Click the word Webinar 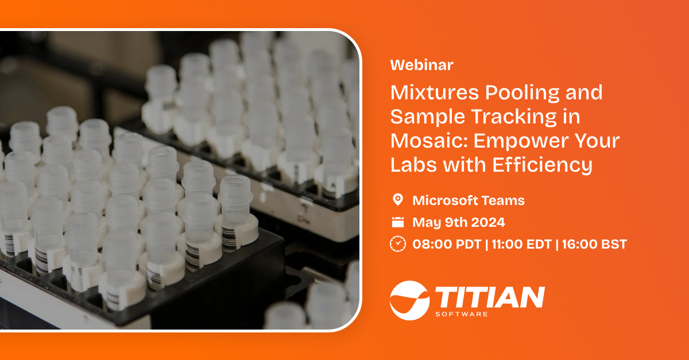(x=421, y=65)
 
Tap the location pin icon (x=397, y=200)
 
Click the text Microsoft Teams (x=469, y=200)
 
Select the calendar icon (x=397, y=222)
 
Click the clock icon (x=397, y=244)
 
